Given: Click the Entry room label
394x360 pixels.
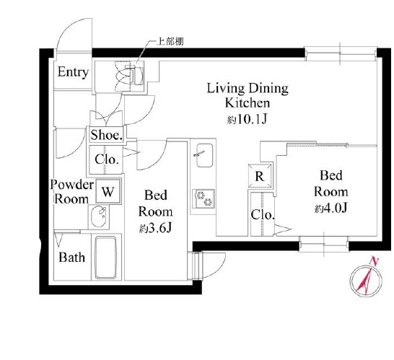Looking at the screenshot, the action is [x=73, y=72].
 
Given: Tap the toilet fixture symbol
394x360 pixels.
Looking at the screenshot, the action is [x=130, y=75].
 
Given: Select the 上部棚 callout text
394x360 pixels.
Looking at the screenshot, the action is [x=170, y=41].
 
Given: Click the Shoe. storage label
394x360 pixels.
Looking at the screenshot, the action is [x=107, y=135].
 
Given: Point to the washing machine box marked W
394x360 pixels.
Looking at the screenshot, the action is [x=108, y=191].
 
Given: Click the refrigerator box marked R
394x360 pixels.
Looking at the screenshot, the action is [x=260, y=176].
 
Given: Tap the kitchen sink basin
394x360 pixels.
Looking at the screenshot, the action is [x=204, y=155].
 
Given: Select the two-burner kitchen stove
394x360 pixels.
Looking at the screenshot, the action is [x=203, y=198].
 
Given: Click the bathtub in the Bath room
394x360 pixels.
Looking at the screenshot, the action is [x=106, y=258].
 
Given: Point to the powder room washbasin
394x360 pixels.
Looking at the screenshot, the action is [x=99, y=216].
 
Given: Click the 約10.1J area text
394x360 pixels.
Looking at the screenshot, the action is [x=247, y=120].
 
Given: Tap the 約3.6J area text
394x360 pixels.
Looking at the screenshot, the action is [x=156, y=229].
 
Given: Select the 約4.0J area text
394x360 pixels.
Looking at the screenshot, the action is [x=331, y=208].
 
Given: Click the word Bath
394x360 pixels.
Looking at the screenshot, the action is [x=72, y=258].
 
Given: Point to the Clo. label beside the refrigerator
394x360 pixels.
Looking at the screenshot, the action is [x=263, y=215].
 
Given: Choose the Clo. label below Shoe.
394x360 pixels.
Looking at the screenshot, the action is [x=107, y=159].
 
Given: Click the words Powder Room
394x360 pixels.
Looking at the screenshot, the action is [x=72, y=192].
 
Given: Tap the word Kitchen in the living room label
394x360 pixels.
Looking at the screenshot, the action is [x=248, y=102].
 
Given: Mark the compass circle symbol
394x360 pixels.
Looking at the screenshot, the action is [x=366, y=279].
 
